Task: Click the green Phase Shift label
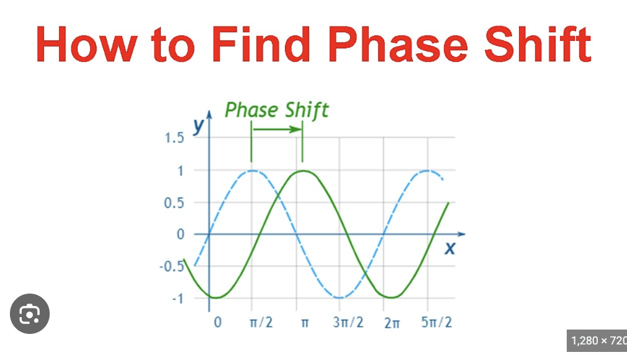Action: pos(276,110)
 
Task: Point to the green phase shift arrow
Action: pos(277,129)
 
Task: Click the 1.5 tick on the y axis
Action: pos(174,138)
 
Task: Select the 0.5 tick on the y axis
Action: pos(174,202)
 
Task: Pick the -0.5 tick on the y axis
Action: pos(173,267)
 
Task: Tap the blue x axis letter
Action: pos(450,250)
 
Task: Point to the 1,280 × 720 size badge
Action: pos(597,341)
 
